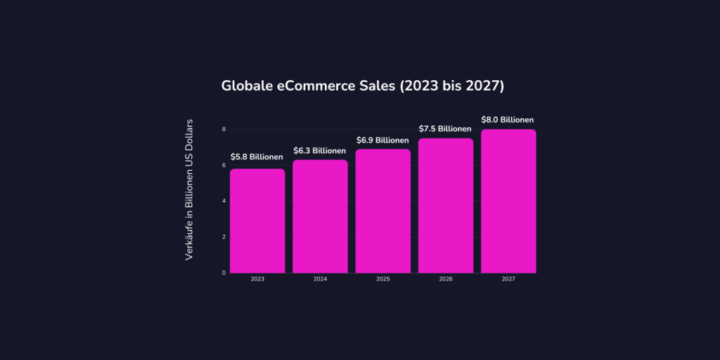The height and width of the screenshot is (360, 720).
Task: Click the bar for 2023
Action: click(257, 221)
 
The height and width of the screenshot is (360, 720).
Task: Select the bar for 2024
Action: click(320, 217)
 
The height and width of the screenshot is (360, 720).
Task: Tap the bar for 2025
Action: click(382, 211)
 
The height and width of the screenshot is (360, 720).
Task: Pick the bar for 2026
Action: click(446, 205)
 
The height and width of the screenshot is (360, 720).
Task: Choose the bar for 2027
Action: click(508, 201)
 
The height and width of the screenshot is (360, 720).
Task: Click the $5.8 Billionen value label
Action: click(257, 157)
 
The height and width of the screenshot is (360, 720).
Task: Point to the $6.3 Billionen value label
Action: click(320, 150)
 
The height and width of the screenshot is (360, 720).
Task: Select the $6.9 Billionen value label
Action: click(382, 140)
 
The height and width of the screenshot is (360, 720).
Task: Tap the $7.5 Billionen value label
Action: click(446, 129)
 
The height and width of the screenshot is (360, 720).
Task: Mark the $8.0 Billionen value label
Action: click(508, 120)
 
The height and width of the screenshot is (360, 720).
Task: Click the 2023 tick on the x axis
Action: click(257, 279)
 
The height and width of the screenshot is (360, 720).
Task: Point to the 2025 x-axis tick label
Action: click(382, 279)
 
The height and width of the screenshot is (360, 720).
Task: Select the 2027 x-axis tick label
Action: click(508, 279)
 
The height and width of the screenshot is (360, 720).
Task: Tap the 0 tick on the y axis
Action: click(224, 273)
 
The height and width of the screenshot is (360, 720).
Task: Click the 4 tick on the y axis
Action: click(224, 201)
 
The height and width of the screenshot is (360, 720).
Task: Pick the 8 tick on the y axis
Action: click(224, 129)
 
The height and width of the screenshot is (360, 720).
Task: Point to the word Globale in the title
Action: click(248, 86)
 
